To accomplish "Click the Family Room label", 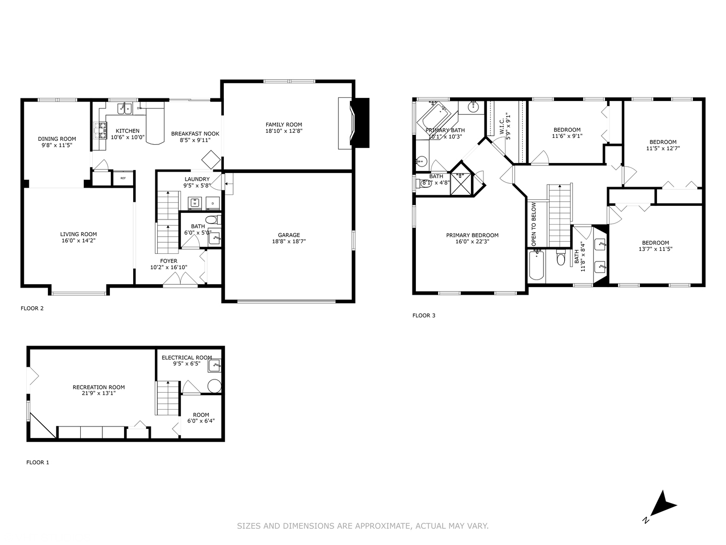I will [x=284, y=125].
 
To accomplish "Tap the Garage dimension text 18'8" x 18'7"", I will [x=288, y=241].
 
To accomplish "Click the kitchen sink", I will [x=125, y=107].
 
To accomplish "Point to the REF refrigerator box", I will [x=123, y=178].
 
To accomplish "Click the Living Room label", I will [x=78, y=234].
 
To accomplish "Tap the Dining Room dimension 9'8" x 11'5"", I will [x=57, y=145].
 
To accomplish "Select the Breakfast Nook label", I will [x=195, y=134].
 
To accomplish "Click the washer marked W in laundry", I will [x=195, y=203].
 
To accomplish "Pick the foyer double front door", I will [x=180, y=280].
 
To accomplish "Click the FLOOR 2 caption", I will [x=32, y=308].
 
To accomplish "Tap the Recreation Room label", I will [x=98, y=388].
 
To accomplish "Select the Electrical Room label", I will [x=187, y=357].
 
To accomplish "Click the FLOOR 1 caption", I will [x=38, y=462].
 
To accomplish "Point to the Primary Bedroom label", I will [x=472, y=235].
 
